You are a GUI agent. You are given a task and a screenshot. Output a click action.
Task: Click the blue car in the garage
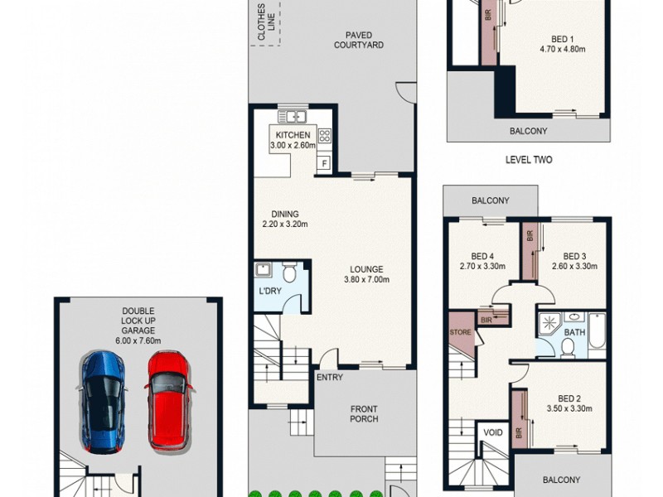[104, 402]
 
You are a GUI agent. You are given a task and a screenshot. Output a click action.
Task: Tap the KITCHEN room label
[293, 140]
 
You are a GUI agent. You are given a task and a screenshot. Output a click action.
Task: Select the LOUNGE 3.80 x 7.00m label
[366, 274]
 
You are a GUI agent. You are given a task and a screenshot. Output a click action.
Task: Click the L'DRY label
[269, 292]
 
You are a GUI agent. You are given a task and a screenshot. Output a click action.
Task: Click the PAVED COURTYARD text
[359, 40]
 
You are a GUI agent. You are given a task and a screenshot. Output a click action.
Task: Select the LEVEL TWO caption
[529, 160]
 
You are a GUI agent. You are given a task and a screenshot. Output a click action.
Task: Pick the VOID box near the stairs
[492, 433]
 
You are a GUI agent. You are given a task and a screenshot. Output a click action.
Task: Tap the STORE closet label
[460, 334]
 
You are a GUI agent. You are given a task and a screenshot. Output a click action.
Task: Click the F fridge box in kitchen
[324, 163]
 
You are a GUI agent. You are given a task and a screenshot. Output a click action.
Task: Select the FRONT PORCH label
[364, 413]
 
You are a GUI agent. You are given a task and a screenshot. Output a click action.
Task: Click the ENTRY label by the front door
[329, 378]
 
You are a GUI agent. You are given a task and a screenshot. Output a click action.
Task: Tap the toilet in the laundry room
[289, 272]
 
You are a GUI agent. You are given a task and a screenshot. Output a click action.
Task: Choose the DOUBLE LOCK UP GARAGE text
[139, 326]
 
